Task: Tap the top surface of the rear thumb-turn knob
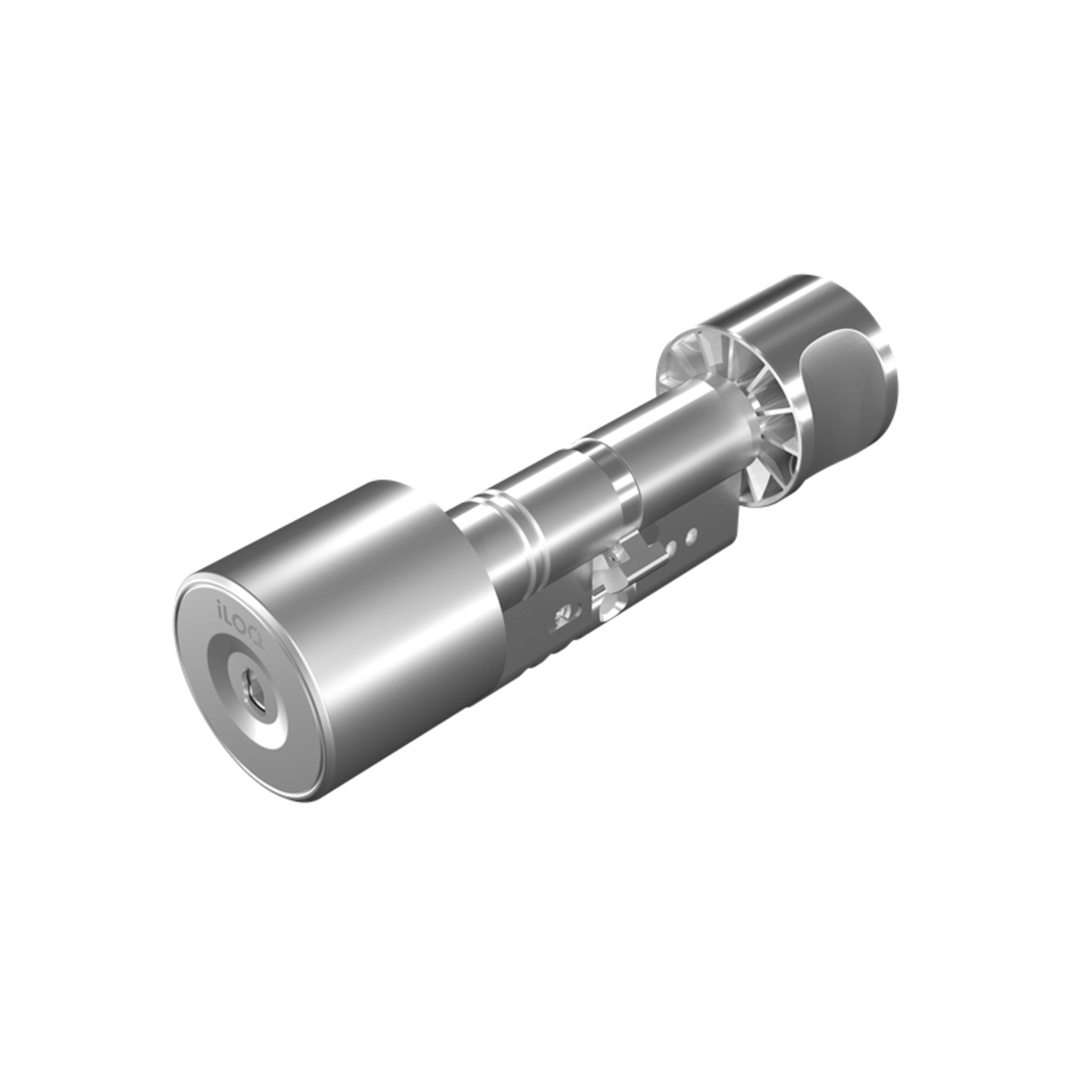(786, 303)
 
